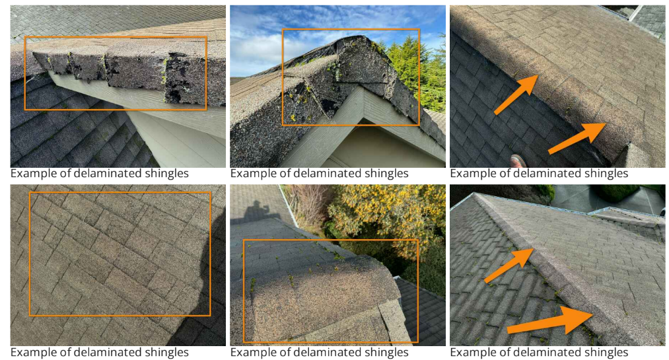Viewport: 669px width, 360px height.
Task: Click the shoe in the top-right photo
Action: pyautogui.click(x=518, y=161)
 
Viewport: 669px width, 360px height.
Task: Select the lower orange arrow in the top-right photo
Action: pyautogui.click(x=577, y=138)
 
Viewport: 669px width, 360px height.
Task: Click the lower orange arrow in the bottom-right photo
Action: pyautogui.click(x=550, y=321)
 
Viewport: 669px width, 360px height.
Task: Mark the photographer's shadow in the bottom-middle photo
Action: pyautogui.click(x=256, y=210)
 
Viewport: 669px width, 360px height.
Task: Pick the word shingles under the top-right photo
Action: pyautogui.click(x=606, y=174)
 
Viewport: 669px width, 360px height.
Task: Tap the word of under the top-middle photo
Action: pyautogui.click(x=286, y=174)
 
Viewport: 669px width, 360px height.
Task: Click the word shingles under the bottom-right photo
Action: pyautogui.click(x=606, y=352)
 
